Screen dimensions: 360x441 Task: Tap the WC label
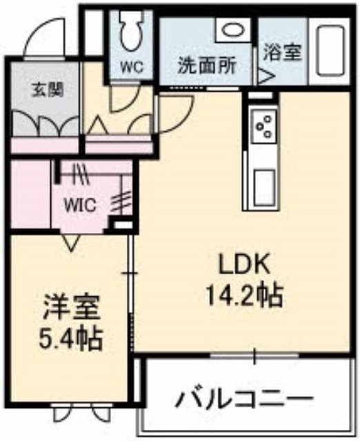pos(132,68)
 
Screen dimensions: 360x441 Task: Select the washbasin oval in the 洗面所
pos(233,30)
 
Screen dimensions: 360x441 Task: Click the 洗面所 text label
pos(207,66)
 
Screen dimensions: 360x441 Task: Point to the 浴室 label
pos(283,52)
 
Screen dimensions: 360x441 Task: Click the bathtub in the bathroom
pos(331,50)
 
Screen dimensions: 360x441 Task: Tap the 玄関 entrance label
pos(48,90)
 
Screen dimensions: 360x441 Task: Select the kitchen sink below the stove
pos(264,188)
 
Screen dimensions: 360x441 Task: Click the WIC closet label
pos(81,205)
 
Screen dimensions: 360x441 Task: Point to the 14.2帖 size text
pos(244,296)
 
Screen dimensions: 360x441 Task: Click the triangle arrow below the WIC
pos(70,242)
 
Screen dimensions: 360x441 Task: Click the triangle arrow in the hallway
pos(97,125)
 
